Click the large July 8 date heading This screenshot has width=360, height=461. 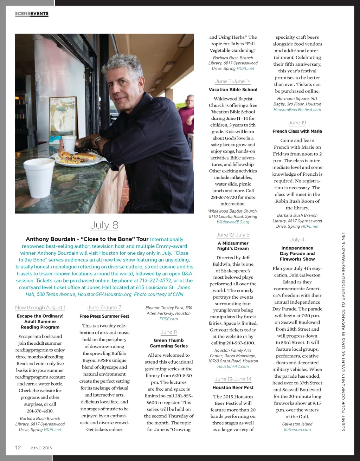(104, 225)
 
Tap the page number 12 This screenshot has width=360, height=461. (18, 447)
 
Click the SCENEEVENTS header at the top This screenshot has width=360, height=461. (32, 14)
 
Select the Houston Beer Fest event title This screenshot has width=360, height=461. (233, 388)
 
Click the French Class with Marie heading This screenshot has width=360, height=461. (297, 131)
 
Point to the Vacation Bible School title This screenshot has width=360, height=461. (233, 90)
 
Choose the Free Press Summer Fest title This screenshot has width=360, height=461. (104, 316)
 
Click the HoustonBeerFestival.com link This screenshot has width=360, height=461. (297, 110)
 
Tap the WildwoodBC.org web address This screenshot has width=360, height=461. (233, 222)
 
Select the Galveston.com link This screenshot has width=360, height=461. (297, 430)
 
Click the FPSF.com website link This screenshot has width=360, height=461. (169, 319)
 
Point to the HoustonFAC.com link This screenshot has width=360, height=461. (233, 366)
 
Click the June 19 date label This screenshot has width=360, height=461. (297, 123)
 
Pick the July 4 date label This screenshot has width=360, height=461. (297, 240)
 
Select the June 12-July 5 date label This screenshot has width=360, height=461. (233, 235)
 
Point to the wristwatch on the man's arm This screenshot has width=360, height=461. (98, 141)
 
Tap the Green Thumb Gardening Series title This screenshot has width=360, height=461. (169, 343)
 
